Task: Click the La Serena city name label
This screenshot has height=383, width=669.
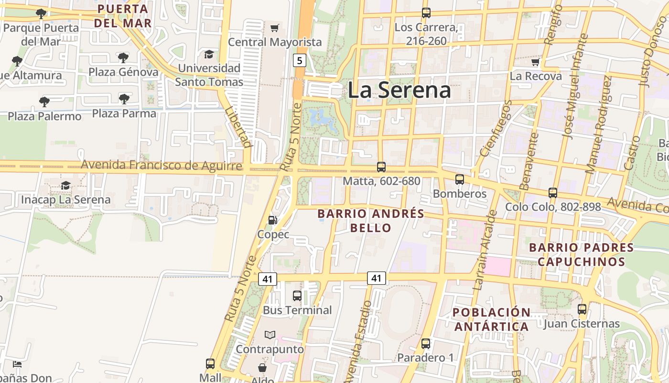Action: [x=399, y=90]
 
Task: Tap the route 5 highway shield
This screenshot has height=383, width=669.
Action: [x=300, y=60]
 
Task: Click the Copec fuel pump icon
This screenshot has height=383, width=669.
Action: [x=273, y=220]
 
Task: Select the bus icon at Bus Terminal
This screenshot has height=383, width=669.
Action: [x=297, y=295]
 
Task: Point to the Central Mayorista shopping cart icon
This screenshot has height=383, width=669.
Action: [x=274, y=28]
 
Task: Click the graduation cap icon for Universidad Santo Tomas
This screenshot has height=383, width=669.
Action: [x=209, y=54]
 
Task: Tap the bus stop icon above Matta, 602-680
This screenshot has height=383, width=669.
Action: [x=381, y=167]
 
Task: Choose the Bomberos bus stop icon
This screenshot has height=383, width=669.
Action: [x=460, y=180]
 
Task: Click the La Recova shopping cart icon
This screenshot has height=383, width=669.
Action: [x=535, y=62]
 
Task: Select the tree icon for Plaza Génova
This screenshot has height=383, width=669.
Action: [x=123, y=58]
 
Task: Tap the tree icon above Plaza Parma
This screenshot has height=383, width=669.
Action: [x=124, y=99]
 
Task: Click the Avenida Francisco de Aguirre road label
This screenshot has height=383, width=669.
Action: [x=161, y=165]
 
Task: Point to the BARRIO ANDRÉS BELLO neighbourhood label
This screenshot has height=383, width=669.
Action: [x=371, y=220]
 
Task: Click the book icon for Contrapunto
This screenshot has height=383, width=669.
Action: [x=270, y=335]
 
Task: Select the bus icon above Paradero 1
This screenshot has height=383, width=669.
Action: [x=426, y=343]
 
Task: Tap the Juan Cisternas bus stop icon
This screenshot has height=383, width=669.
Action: [x=582, y=309]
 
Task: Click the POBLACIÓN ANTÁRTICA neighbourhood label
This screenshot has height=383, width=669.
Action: [x=491, y=319]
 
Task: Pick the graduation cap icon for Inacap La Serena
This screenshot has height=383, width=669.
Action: [x=65, y=185]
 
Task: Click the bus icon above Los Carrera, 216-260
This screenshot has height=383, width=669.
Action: [x=426, y=13]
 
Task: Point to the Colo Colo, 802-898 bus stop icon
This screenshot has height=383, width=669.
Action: [x=553, y=193]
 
